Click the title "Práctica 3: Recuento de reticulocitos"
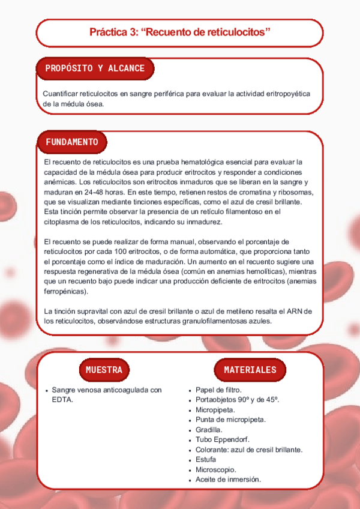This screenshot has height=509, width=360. pos(180,32)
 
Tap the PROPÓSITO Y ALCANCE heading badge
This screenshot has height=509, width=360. pos(95,68)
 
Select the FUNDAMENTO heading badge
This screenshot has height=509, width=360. pos(72,142)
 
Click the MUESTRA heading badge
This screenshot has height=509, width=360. pos(104,370)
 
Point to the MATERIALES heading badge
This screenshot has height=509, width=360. pos(250,370)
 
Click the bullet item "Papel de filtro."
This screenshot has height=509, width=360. pos(218,390)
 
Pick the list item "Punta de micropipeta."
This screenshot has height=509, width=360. pos(230,420)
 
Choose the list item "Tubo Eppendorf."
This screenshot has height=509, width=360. pos(221,439)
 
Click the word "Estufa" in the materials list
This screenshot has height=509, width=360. pos(206,459)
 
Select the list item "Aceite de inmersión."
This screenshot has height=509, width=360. pos(229,479)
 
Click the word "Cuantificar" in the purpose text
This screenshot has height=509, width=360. pos(62,93)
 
